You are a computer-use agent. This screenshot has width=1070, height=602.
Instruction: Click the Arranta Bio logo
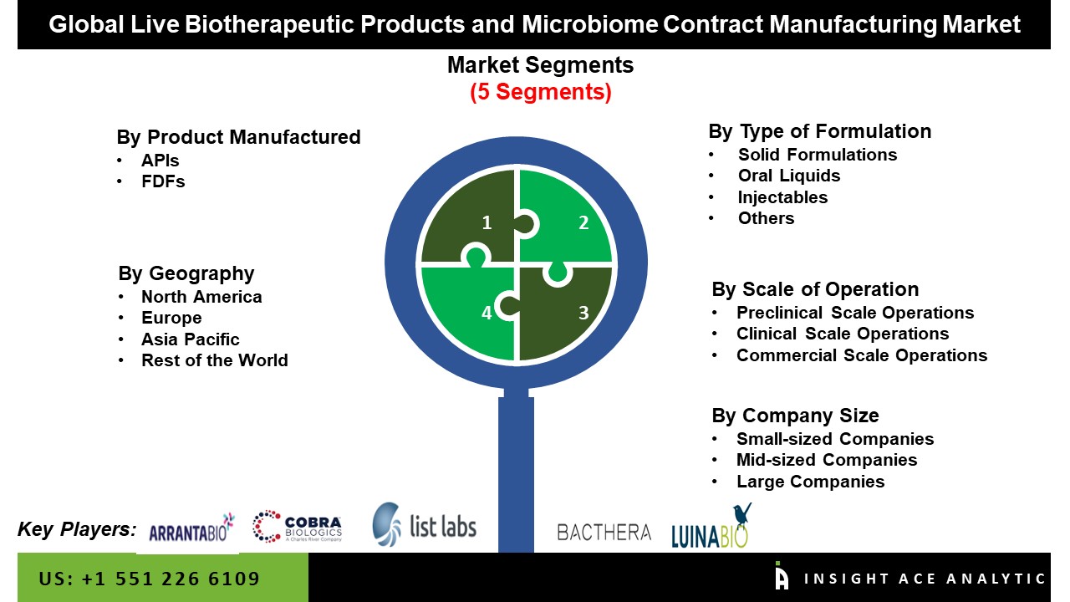pyautogui.click(x=191, y=529)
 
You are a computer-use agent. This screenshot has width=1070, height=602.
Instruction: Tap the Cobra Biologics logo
pyautogui.click(x=298, y=527)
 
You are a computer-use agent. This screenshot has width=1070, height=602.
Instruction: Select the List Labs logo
pyautogui.click(x=424, y=524)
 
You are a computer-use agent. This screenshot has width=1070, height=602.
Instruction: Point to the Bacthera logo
pyautogui.click(x=604, y=532)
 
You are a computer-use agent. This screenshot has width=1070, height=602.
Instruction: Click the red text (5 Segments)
pyautogui.click(x=540, y=92)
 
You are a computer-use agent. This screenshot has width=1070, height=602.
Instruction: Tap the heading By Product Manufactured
pyautogui.click(x=238, y=137)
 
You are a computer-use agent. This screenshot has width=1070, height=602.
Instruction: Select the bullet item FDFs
pyautogui.click(x=163, y=181)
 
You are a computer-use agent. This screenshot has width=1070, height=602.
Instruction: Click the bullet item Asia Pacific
pyautogui.click(x=190, y=339)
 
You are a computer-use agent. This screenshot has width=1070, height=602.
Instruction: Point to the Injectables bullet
pyautogui.click(x=782, y=197)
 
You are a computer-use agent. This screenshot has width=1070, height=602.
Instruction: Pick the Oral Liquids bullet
pyautogui.click(x=788, y=176)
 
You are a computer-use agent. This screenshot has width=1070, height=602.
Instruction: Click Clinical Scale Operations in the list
pyautogui.click(x=842, y=334)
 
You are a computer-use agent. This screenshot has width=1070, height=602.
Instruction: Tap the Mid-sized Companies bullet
pyautogui.click(x=826, y=460)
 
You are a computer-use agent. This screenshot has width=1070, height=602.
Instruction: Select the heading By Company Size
pyautogui.click(x=795, y=416)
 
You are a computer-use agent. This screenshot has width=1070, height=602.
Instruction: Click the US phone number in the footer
pyautogui.click(x=150, y=579)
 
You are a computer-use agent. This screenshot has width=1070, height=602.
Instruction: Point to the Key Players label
pyautogui.click(x=77, y=528)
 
